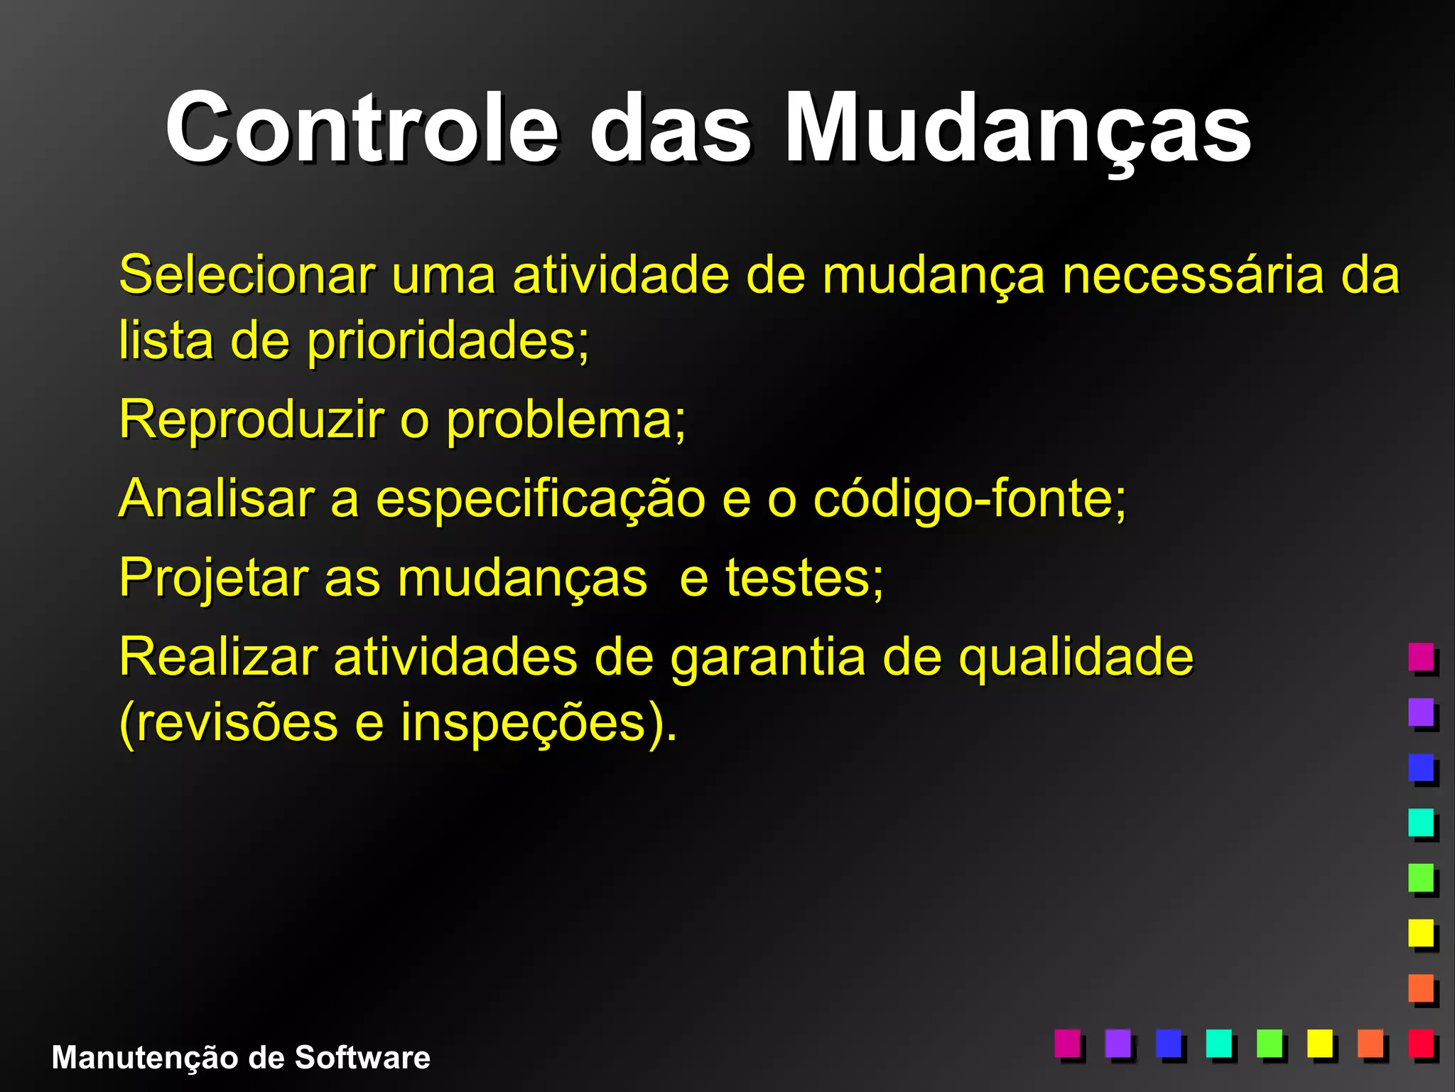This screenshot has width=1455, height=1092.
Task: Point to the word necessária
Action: [1193, 274]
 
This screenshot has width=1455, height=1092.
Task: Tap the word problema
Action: [566, 421]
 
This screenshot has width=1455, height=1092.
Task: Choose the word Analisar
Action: [217, 498]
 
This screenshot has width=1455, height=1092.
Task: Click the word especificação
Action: [540, 500]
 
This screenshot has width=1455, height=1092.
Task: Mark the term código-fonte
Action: [969, 500]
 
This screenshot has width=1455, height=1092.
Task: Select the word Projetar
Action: [213, 579]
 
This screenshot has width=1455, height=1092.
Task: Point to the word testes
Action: [804, 578]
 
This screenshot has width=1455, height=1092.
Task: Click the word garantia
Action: [768, 658]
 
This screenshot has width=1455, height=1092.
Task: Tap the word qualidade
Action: [1076, 658]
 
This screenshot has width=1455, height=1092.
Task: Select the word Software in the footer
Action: [362, 1058]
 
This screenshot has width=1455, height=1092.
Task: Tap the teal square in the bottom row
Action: [1218, 1044]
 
